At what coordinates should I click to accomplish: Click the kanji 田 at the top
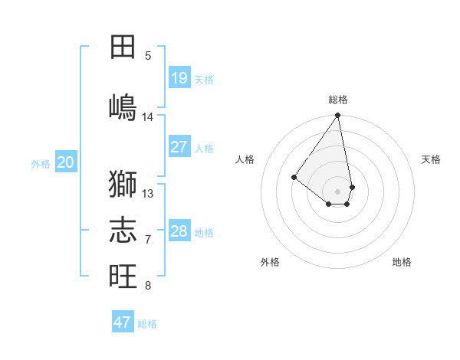[x=123, y=47]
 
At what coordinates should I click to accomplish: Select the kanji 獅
[x=123, y=184]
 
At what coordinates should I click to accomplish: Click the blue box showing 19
[x=179, y=78]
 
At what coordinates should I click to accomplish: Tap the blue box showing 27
[x=179, y=147]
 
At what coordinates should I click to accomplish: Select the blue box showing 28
[x=179, y=231]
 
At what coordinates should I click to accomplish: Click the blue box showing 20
[x=66, y=162]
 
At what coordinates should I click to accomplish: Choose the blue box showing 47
[x=123, y=322]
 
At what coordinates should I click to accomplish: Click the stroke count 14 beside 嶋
[x=148, y=117]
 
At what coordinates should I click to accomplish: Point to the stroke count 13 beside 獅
[x=148, y=194]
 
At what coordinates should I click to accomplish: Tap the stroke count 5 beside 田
[x=148, y=56]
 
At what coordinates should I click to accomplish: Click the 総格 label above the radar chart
[x=338, y=100]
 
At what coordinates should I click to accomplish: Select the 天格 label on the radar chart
[x=432, y=159]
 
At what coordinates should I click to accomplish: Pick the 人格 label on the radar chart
[x=245, y=159]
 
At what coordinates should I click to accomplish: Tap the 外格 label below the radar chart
[x=270, y=262]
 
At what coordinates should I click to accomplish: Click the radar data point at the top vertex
[x=337, y=116]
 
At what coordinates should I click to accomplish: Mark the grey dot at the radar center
[x=337, y=191]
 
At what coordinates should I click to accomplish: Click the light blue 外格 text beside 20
[x=41, y=163]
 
